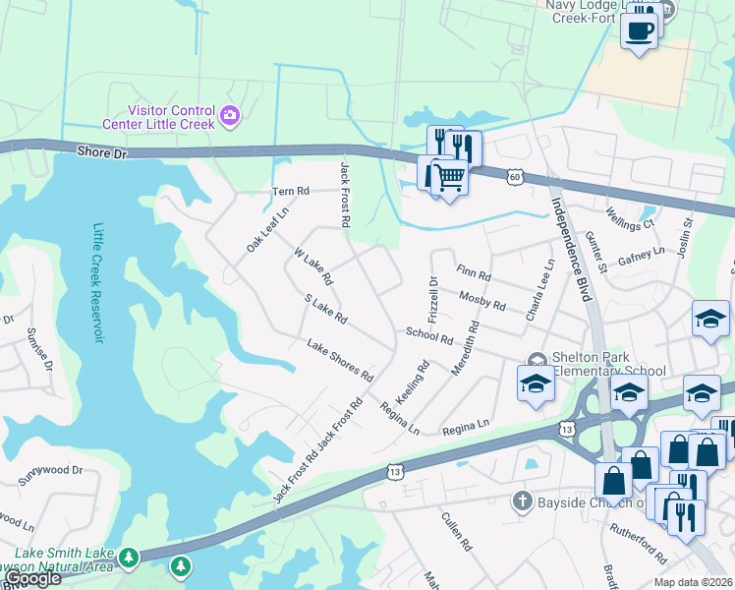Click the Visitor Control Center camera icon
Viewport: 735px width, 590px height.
click(231, 117)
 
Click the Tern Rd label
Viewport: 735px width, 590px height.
click(290, 191)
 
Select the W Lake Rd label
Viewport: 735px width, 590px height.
click(313, 265)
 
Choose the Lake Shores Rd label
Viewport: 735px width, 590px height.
click(340, 360)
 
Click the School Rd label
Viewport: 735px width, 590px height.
click(429, 336)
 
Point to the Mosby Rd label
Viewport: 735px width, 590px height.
click(481, 300)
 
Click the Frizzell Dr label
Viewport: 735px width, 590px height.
click(433, 295)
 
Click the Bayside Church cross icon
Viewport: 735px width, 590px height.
click(522, 501)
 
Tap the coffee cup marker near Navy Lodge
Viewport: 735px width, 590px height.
click(640, 29)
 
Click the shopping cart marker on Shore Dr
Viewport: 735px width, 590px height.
click(449, 178)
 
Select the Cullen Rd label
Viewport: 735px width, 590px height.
click(458, 531)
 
